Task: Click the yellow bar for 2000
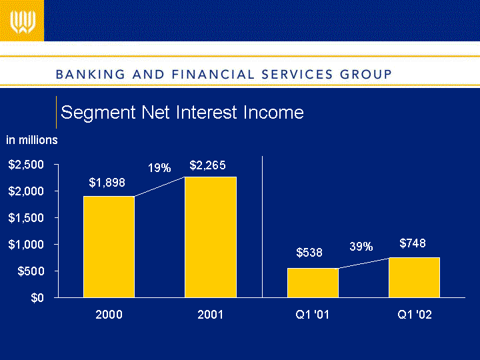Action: pos(109,247)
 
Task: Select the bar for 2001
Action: pos(211,237)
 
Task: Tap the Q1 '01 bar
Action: pos(313,283)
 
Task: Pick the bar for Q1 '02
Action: pos(414,277)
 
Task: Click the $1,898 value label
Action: pos(107,181)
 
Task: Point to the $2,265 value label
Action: pos(207,165)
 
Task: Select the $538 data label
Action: pos(309,253)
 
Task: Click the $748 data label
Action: pos(413,243)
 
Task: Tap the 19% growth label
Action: pos(159,169)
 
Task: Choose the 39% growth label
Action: pos(361,247)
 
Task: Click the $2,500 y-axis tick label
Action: pos(27,165)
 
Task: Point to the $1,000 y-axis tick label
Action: pos(27,245)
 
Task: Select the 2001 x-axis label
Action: pos(211,315)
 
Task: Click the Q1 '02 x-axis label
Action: pos(414,315)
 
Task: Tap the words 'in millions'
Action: pos(32,140)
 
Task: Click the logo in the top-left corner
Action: pos(22,22)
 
